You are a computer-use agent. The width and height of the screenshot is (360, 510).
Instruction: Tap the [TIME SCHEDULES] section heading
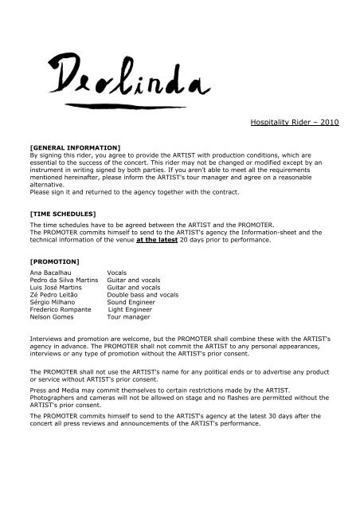tap(61, 215)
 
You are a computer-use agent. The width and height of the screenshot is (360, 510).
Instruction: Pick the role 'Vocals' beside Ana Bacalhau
tap(116, 273)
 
